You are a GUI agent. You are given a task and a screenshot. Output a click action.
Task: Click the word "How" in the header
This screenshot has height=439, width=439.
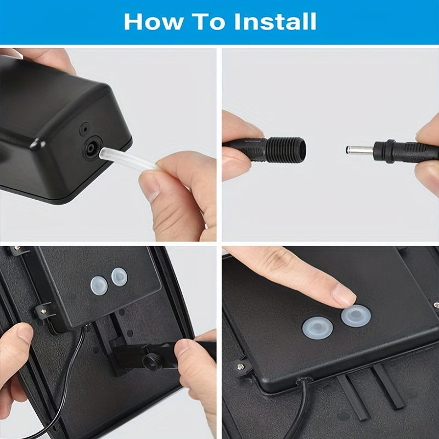click(154, 21)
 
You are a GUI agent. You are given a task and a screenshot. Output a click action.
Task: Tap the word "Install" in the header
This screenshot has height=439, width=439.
click(275, 21)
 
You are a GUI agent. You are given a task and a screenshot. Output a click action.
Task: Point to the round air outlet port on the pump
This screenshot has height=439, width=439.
click(91, 148)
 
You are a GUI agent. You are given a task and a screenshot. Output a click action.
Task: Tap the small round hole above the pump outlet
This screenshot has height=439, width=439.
click(85, 129)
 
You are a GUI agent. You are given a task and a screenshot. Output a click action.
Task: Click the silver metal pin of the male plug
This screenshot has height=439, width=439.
click(359, 150)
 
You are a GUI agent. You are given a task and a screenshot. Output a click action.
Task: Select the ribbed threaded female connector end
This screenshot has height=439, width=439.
click(285, 150)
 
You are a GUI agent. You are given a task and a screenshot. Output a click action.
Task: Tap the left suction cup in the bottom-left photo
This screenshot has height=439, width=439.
click(99, 285)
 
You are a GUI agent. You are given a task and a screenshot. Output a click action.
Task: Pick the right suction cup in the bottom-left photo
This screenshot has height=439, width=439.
click(119, 277)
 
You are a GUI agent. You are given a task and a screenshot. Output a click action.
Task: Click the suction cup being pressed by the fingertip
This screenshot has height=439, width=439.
click(356, 316)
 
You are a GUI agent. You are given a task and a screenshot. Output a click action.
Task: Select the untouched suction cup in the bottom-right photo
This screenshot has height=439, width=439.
click(318, 328)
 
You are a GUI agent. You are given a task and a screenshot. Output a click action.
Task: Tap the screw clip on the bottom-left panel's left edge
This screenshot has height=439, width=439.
click(44, 311)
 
